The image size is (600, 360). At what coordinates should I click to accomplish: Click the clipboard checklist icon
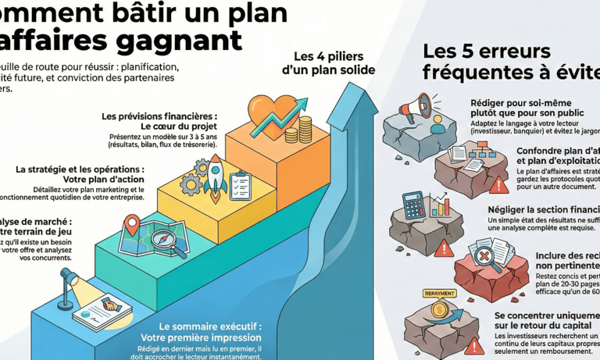point(240,185)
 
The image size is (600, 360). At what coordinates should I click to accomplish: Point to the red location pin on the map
point(132,226)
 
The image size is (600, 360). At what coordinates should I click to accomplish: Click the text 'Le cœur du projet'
point(178,126)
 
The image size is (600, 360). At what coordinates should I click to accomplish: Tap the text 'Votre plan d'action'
point(103,179)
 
